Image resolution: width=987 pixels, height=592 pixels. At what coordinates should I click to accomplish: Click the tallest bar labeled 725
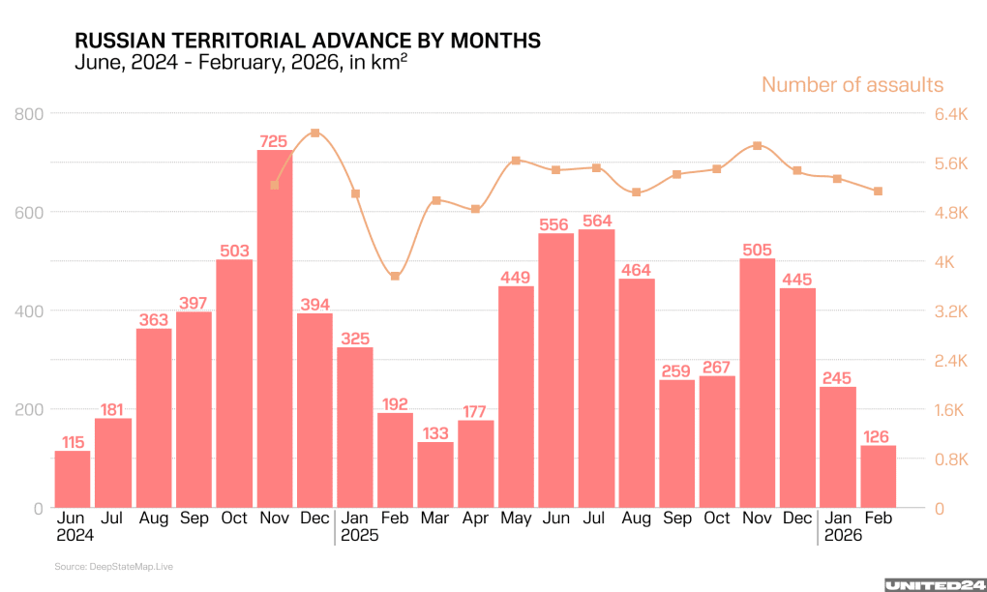[x=274, y=329]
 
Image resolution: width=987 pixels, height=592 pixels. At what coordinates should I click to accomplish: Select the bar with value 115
[x=73, y=479]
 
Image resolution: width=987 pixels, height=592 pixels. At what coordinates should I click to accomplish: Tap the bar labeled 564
[x=596, y=368]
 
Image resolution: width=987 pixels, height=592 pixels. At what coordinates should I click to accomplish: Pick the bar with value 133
[x=435, y=474]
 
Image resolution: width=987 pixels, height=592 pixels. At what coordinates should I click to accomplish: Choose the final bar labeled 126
[x=878, y=476]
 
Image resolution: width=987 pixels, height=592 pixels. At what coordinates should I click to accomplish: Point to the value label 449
[x=516, y=279]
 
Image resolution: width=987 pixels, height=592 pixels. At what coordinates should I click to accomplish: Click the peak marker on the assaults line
[x=314, y=133]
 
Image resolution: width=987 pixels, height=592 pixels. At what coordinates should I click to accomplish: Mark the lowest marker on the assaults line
[x=395, y=277]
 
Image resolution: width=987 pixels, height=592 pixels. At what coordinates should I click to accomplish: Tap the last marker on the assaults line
[x=878, y=192]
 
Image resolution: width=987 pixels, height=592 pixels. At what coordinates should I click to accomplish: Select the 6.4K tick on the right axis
[x=950, y=114]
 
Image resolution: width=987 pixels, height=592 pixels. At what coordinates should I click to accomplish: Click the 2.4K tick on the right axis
[x=950, y=360]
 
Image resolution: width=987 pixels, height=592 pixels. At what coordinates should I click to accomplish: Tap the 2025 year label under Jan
[x=360, y=535]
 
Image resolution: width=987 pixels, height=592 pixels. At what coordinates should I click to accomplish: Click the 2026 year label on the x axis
[x=843, y=535]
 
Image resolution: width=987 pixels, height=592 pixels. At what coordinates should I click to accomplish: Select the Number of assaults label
[x=852, y=85]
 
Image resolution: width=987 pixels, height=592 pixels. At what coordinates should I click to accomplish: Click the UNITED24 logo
[x=935, y=584]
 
